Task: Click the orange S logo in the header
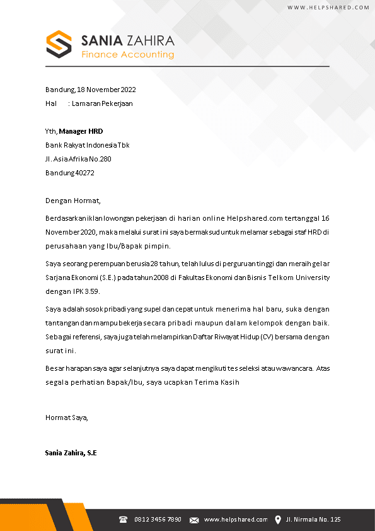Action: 59,44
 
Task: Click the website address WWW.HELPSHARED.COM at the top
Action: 328,8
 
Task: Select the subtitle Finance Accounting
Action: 127,55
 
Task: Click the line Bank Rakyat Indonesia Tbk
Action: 88,145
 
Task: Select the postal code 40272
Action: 84,173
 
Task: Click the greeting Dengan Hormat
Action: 73,201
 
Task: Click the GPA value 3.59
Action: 91,291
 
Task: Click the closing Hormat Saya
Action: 67,417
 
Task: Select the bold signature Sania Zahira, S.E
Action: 71,453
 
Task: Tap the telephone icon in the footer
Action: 124,520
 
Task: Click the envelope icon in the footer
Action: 194,520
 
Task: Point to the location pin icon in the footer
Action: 278,520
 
